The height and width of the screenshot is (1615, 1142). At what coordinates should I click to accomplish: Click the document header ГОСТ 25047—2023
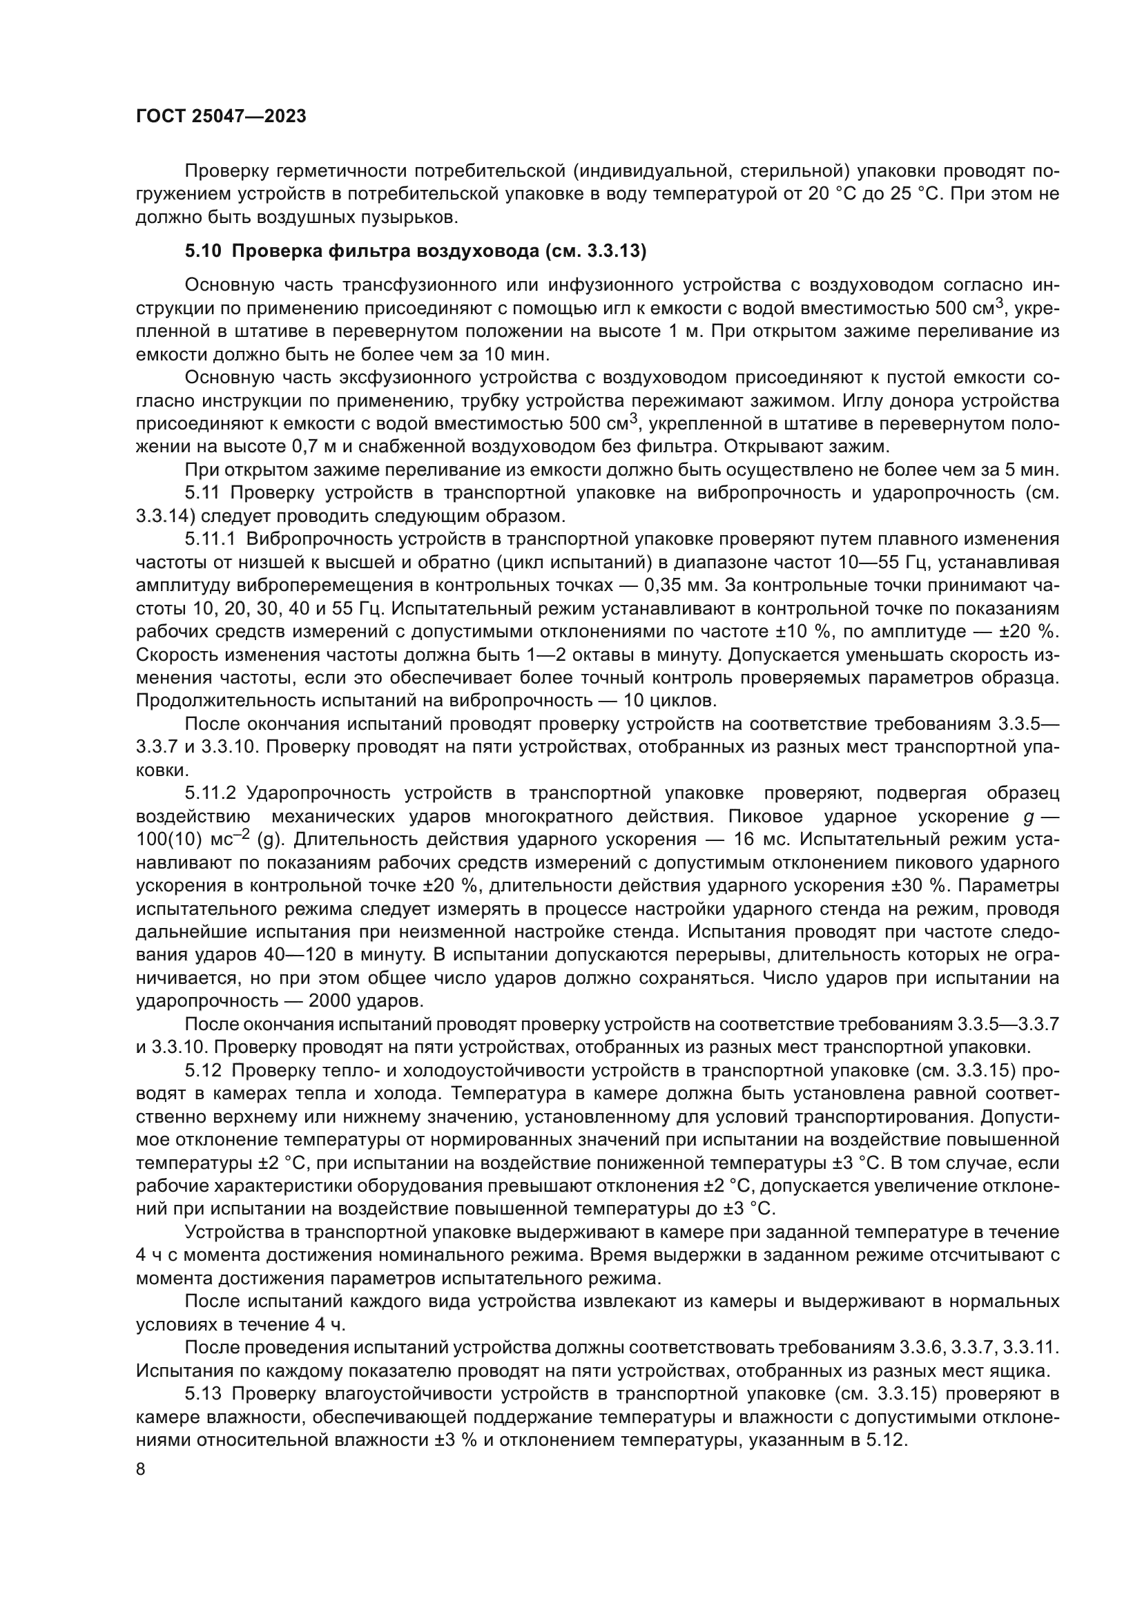[x=221, y=117]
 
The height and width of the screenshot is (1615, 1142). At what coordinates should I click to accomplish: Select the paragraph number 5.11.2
[x=211, y=793]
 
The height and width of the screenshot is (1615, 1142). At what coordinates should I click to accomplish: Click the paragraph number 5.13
[x=203, y=1393]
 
